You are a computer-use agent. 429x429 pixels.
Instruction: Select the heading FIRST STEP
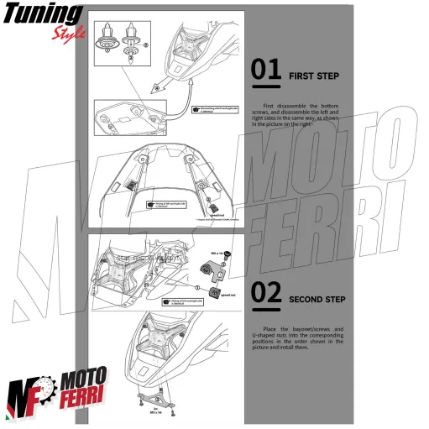coord(313,76)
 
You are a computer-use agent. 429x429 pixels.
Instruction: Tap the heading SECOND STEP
coord(317,298)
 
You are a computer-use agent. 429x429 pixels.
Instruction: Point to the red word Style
coord(67,33)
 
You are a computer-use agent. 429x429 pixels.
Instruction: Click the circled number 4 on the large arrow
coord(154,86)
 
